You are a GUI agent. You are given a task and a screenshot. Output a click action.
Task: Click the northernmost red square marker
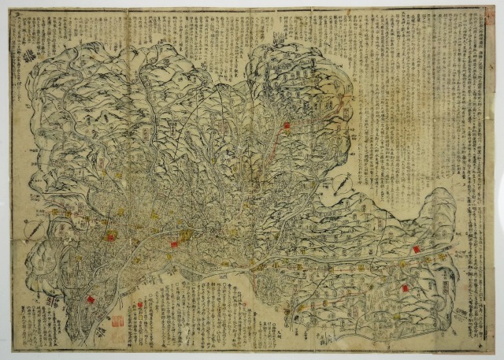coord(287,125)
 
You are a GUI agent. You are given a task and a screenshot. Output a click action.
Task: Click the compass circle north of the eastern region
coord(345,187)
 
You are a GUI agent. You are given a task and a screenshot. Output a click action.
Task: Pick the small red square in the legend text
coord(140,304)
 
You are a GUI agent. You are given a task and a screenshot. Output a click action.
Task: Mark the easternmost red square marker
coord(416,250)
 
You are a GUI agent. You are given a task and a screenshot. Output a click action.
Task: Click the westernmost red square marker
coord(91,300)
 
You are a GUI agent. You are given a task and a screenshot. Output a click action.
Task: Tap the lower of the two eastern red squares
coord(405,288)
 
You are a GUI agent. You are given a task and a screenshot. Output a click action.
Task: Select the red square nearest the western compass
coord(111,235)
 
